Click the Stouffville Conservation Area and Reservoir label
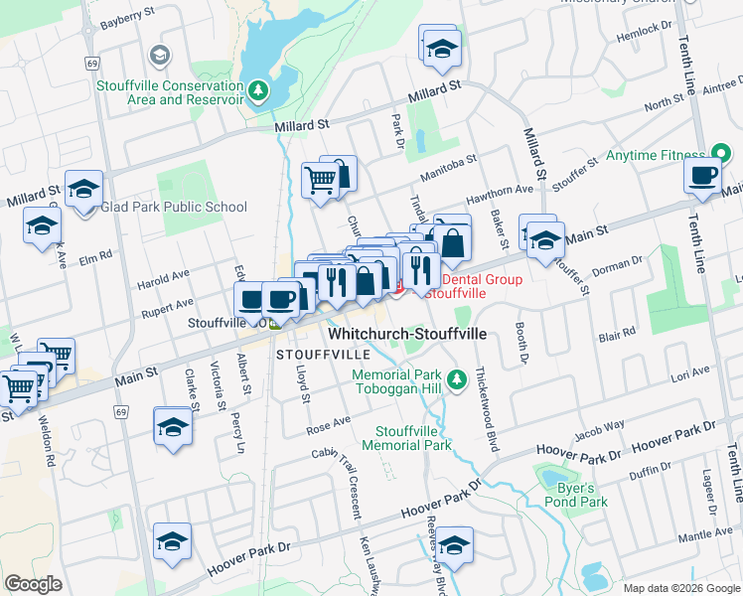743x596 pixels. tap(170, 92)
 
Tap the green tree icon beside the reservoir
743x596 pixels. tap(258, 91)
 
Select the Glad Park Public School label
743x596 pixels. tap(174, 207)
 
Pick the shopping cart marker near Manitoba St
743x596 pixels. tap(321, 181)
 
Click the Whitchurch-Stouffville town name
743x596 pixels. tap(407, 335)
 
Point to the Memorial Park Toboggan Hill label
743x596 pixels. tap(397, 381)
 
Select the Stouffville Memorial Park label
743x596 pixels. tap(413, 438)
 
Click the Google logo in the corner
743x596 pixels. tap(33, 584)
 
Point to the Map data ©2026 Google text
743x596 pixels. tap(679, 587)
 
